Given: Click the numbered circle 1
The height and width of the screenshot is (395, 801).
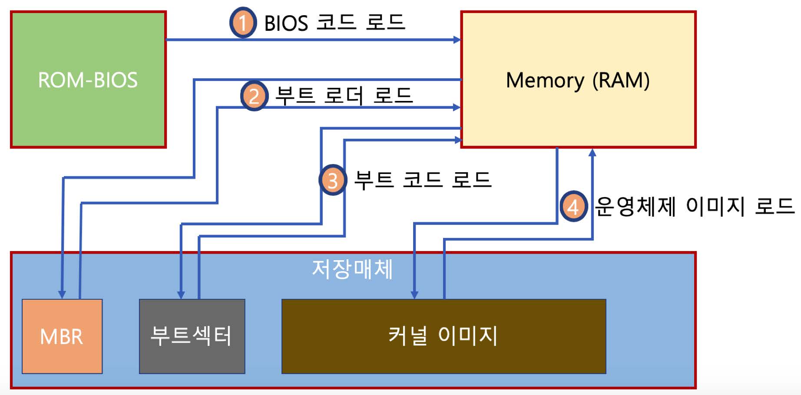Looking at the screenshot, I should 243,23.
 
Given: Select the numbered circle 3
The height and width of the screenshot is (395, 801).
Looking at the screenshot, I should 333,180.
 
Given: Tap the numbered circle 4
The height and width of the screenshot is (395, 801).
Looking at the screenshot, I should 573,207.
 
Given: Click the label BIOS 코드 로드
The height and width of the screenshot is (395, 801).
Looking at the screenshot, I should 334,23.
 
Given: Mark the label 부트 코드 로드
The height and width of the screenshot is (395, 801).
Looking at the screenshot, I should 423,180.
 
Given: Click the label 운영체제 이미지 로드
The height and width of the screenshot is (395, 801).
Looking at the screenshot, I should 694,206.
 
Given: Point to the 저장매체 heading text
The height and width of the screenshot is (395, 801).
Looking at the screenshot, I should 352,269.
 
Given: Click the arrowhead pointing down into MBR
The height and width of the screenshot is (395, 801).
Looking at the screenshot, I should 62,295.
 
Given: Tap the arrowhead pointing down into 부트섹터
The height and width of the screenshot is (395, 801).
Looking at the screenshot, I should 181,295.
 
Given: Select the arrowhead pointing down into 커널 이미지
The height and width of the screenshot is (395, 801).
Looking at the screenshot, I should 414,295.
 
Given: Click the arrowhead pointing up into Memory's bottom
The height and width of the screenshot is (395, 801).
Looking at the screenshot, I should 592,152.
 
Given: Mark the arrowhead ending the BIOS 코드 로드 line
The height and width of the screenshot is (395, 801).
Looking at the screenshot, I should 457,40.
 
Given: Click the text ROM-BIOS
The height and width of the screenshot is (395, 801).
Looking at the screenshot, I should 88,80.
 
